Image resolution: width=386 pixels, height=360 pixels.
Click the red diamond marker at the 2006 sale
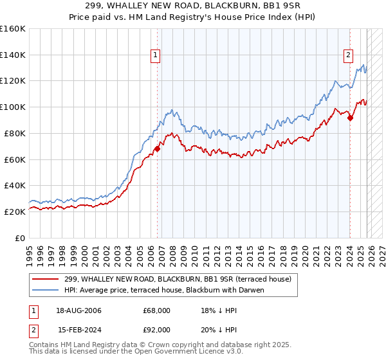click(157, 148)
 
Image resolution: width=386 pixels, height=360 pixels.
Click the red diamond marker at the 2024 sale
click(350, 117)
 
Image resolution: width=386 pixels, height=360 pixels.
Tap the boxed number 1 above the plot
click(156, 55)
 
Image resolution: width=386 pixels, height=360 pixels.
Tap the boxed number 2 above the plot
click(348, 55)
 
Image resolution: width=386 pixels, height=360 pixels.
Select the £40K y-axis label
click(15, 185)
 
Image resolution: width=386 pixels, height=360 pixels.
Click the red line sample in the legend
click(46, 279)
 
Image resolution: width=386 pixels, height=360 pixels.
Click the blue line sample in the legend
click(46, 290)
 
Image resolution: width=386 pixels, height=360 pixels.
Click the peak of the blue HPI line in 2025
click(363, 65)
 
